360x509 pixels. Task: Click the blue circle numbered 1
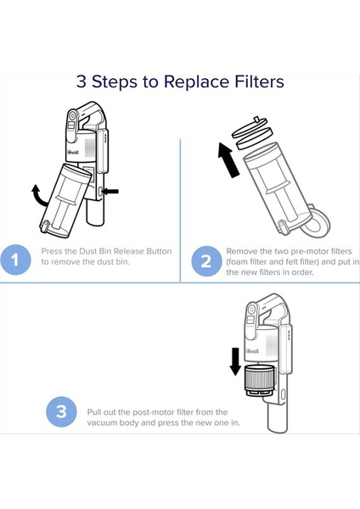(x=15, y=260)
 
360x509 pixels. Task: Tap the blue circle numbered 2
(x=206, y=261)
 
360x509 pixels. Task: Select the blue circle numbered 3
(x=61, y=411)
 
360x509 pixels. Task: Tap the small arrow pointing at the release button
(x=110, y=192)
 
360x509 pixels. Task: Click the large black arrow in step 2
(x=228, y=160)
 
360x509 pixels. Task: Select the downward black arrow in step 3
(x=235, y=361)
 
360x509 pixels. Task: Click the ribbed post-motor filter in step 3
(x=259, y=380)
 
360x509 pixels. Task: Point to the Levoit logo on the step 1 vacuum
(x=72, y=152)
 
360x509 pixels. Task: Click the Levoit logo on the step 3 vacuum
(x=253, y=351)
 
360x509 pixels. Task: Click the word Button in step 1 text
(x=159, y=251)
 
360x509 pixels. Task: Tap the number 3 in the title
(x=82, y=81)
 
